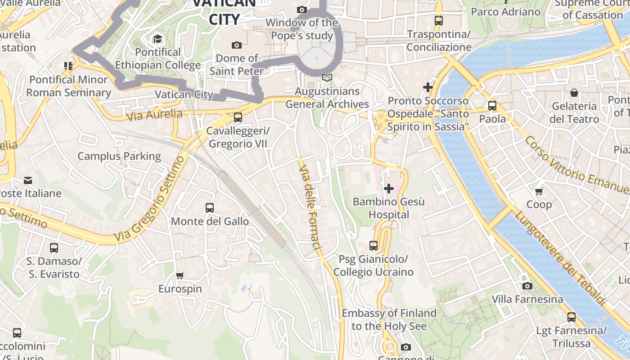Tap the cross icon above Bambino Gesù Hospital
(x=389, y=188)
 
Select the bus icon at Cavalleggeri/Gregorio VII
(x=238, y=117)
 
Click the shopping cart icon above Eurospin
(x=180, y=275)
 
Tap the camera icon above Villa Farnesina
(x=527, y=286)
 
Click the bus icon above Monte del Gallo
(x=210, y=207)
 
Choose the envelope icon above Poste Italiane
(x=28, y=180)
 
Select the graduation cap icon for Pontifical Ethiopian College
(x=157, y=39)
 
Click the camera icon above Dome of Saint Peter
(x=236, y=45)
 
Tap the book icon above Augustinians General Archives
(x=327, y=78)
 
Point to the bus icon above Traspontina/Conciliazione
(x=438, y=21)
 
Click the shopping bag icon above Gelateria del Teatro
(x=574, y=93)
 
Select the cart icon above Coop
(x=539, y=191)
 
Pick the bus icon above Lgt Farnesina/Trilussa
(x=571, y=317)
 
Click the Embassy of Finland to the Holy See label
(x=389, y=319)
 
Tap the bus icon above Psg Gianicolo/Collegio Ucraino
(x=373, y=246)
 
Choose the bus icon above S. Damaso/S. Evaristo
(x=54, y=248)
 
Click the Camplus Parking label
(x=119, y=156)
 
